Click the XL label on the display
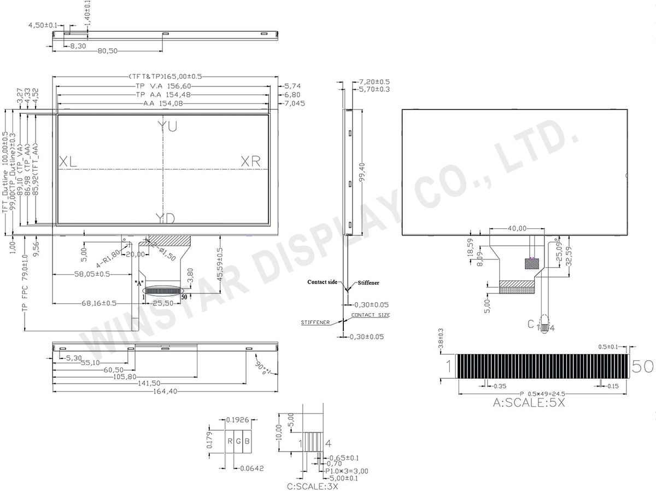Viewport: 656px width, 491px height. pos(68,161)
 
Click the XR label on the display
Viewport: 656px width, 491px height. pos(251,161)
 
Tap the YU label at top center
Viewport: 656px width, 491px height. pos(167,126)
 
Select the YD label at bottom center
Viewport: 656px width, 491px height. pos(165,219)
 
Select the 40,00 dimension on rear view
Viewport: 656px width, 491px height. pos(517,228)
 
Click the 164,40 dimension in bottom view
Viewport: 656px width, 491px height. pos(163,391)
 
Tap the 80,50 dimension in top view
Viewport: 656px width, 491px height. pos(108,51)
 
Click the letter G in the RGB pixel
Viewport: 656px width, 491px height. pos(239,442)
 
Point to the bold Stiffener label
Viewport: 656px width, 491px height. pos(368,283)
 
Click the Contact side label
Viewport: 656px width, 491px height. pos(322,281)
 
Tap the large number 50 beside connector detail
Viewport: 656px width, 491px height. pos(642,367)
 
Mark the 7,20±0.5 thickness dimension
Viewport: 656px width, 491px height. pos(374,81)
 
